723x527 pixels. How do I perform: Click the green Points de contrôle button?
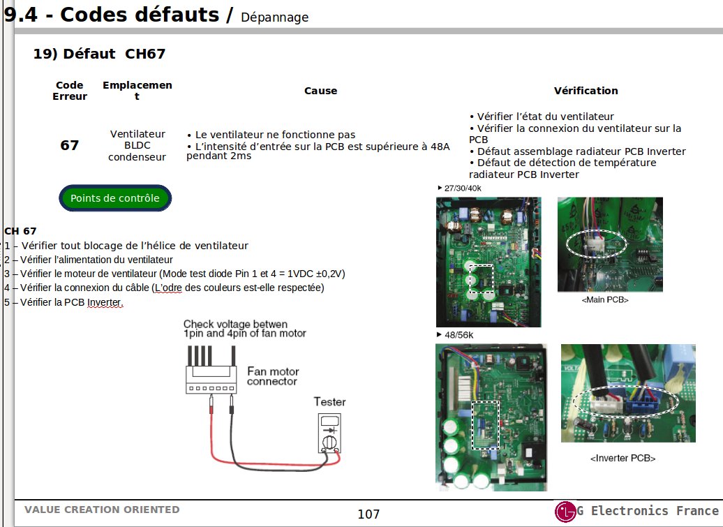(x=114, y=198)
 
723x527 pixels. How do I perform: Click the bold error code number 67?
(x=70, y=145)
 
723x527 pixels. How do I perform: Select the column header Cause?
(x=320, y=91)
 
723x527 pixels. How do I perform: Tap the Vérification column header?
(x=586, y=91)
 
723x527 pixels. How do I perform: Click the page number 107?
(x=368, y=514)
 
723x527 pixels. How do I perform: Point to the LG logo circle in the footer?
(x=565, y=512)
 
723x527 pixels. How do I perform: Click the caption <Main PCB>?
(x=604, y=299)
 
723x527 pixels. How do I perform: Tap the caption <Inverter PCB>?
(x=623, y=459)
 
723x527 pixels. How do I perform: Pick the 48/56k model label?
(x=458, y=335)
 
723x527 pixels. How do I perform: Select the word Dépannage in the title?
(x=274, y=17)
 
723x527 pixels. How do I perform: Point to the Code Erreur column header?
(x=70, y=91)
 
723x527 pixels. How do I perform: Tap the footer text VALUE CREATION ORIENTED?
(x=102, y=510)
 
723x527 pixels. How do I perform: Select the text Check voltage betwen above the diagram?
(x=235, y=325)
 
